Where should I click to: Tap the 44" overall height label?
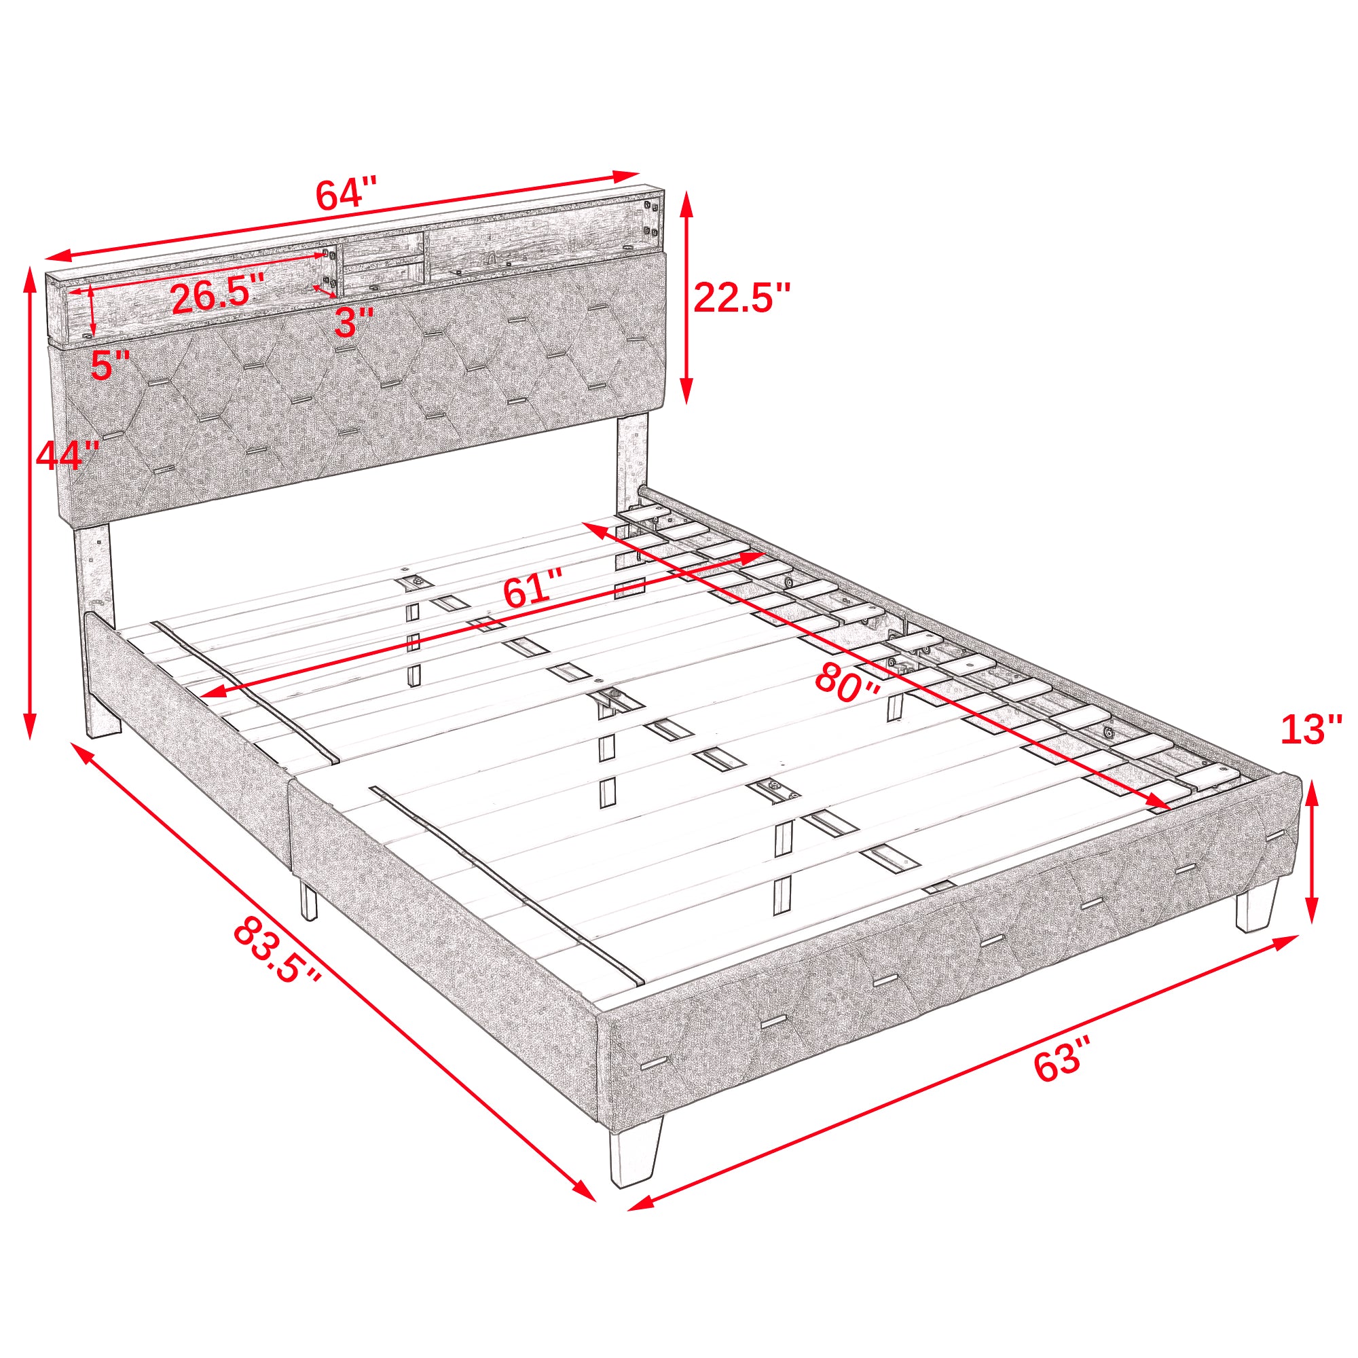[x=67, y=456]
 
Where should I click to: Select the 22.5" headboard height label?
[x=741, y=297]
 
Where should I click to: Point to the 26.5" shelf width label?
[x=218, y=295]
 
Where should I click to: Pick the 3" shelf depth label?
[x=354, y=322]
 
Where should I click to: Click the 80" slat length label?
[x=847, y=683]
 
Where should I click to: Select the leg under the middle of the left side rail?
[x=307, y=900]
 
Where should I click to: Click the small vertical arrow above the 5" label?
[x=92, y=311]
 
